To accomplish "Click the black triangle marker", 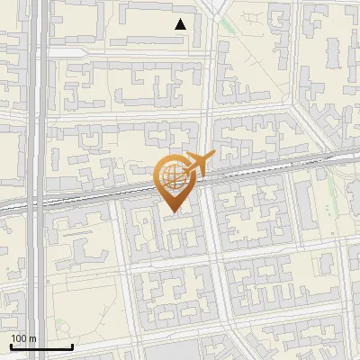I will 181,24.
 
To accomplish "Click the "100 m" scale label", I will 23,338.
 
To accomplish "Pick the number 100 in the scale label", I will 19,338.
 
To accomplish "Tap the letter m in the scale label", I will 32,338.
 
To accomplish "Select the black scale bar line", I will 40,346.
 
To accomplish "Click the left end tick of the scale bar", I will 10,345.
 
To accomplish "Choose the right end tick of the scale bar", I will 72,345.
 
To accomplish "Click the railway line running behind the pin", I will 99,194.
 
